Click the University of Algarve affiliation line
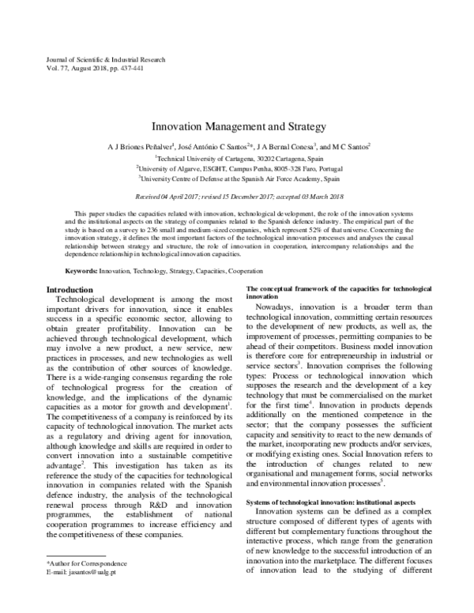point(237,168)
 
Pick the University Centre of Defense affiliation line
point(237,179)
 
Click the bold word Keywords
point(80,271)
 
